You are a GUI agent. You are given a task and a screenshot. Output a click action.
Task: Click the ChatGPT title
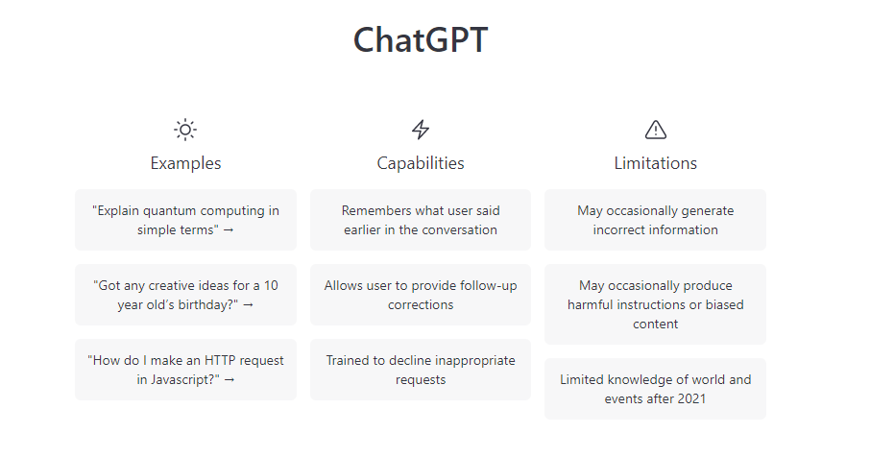coord(421,40)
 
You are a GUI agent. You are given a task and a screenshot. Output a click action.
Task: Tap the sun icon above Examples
coord(185,130)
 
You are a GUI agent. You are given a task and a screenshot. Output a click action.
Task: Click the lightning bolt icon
coord(421,130)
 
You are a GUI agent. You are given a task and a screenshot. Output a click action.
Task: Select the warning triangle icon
coord(655,130)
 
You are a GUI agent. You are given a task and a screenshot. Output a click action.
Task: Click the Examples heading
coord(185,163)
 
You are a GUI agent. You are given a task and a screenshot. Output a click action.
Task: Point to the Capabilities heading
coord(421,163)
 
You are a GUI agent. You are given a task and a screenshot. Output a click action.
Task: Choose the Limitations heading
coord(655,163)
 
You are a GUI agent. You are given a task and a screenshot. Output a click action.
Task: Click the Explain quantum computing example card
coord(185,220)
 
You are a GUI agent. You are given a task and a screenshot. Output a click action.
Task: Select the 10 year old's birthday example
coord(185,295)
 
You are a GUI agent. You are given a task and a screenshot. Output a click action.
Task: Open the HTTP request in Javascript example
coord(185,370)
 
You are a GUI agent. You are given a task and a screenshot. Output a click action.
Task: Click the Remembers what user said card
coord(421,220)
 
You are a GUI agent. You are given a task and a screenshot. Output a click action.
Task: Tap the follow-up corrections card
coord(421,295)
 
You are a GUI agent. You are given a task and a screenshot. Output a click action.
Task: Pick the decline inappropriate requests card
coord(421,370)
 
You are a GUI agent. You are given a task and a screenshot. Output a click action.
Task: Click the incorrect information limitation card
coord(655,220)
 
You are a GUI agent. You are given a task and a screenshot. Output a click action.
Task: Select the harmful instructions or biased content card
coord(655,304)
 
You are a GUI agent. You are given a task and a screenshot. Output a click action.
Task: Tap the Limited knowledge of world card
coord(655,390)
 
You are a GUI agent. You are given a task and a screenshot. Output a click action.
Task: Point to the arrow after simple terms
coord(229,230)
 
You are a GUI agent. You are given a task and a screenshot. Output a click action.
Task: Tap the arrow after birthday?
coord(248,305)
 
